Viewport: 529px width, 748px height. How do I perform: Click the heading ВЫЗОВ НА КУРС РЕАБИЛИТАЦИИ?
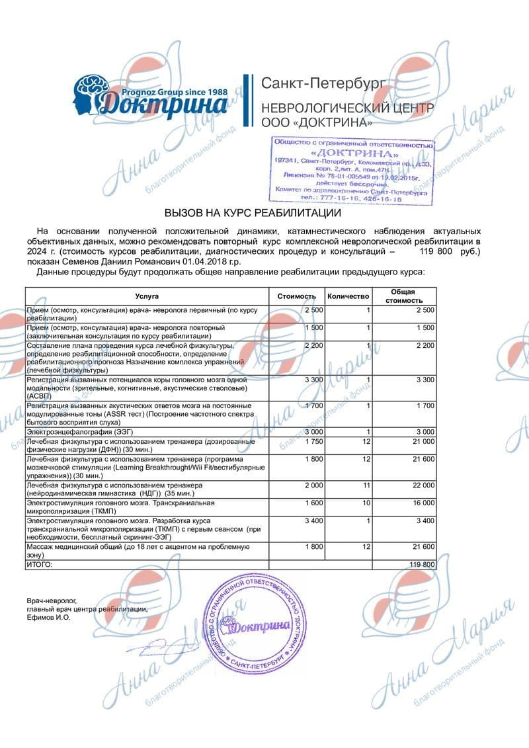(x=252, y=213)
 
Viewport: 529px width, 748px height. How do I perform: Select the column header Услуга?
(x=147, y=296)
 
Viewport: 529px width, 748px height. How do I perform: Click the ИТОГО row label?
(x=38, y=564)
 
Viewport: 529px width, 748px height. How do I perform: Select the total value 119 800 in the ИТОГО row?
(x=421, y=564)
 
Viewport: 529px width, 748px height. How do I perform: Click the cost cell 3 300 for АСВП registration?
(x=314, y=380)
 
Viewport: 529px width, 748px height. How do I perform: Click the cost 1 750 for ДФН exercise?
(x=314, y=441)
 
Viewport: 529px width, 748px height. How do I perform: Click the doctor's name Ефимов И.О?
(x=48, y=617)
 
